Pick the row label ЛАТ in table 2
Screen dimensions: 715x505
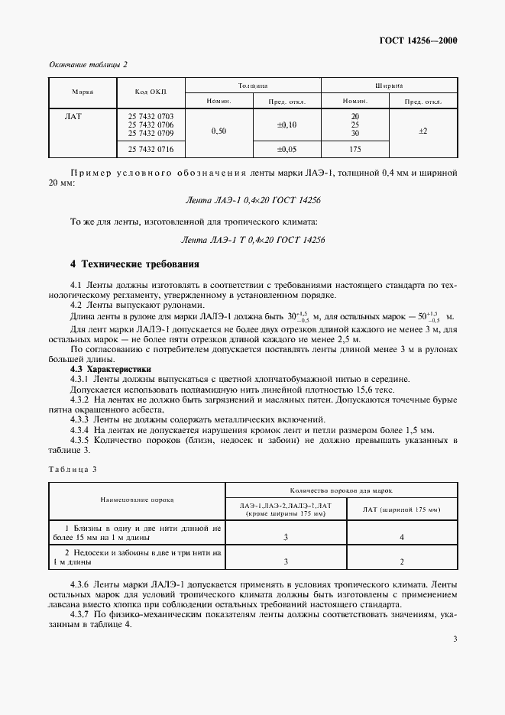pyautogui.click(x=75, y=116)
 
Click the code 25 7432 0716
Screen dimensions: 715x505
pyautogui.click(x=145, y=149)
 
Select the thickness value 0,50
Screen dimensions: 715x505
pyautogui.click(x=219, y=131)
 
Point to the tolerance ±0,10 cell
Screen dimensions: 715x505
pyautogui.click(x=286, y=124)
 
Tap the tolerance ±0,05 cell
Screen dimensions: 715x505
pyautogui.click(x=286, y=149)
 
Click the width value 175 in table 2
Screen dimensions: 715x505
pyautogui.click(x=355, y=149)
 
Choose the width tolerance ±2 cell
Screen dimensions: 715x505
pyautogui.click(x=422, y=131)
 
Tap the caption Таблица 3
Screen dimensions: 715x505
pyautogui.click(x=73, y=468)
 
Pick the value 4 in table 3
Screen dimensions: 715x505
pyautogui.click(x=402, y=538)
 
